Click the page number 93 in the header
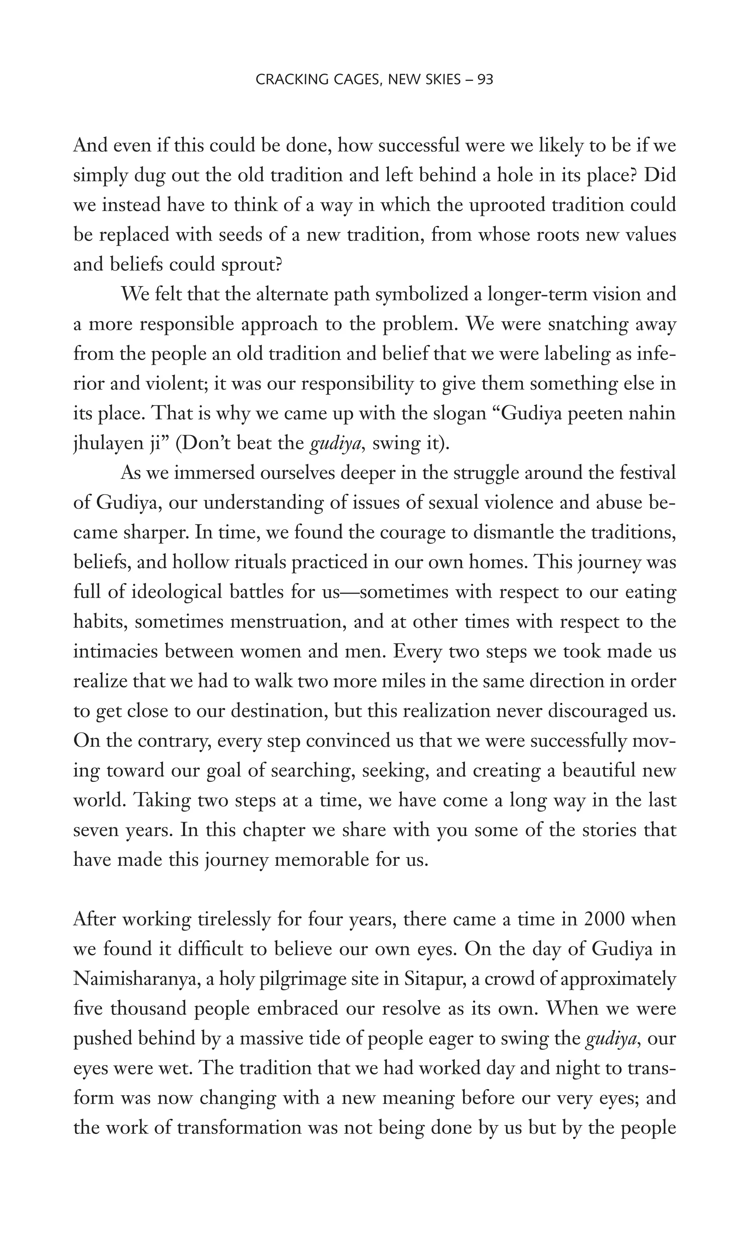pyautogui.click(x=484, y=79)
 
